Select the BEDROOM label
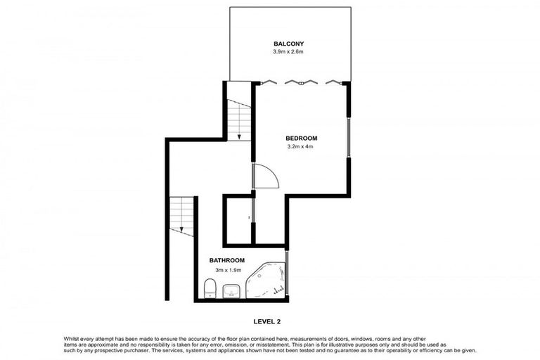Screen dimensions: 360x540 click(302, 138)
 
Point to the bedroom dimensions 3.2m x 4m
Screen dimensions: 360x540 click(300, 147)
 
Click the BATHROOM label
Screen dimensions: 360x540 click(226, 260)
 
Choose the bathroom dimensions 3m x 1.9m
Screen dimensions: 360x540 click(226, 269)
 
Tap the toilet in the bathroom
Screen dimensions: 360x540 click(209, 288)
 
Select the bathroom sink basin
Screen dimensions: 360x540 click(233, 291)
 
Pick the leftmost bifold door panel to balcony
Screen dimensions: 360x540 click(268, 82)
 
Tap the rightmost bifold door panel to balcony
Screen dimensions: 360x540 click(333, 82)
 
